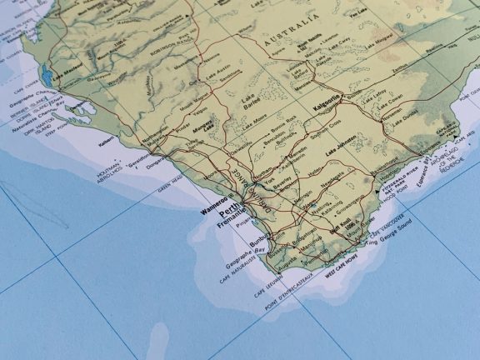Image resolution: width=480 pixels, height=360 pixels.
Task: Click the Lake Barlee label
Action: [250, 103]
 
